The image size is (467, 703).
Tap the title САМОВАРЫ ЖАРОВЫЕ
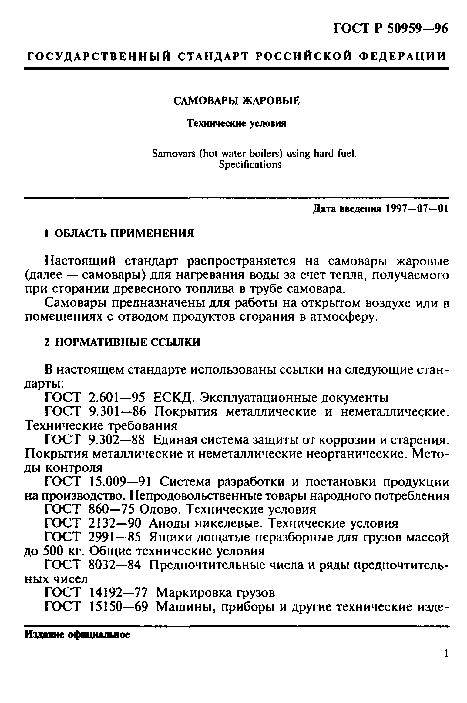tap(237, 101)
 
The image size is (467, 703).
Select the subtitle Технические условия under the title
tap(237, 124)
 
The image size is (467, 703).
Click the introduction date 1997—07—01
tap(417, 209)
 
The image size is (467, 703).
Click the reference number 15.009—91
tap(120, 482)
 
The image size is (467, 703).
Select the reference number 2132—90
tap(115, 524)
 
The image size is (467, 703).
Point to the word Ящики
tap(170, 538)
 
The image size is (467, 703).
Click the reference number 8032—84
tap(115, 565)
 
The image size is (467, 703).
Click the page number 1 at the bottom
tap(446, 662)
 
